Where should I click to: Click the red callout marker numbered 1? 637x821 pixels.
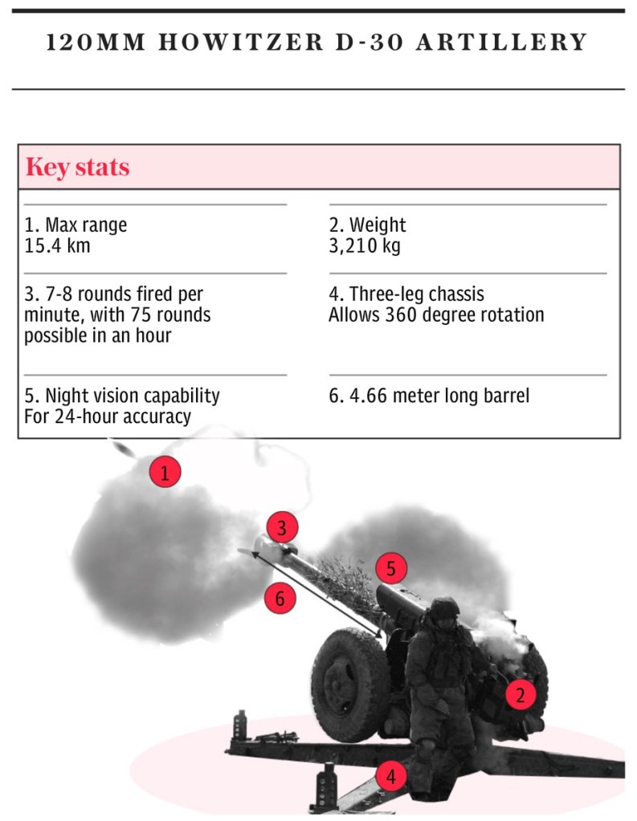point(165,472)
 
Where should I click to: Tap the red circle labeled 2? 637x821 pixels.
point(521,695)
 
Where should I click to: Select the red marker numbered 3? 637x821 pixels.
point(282,528)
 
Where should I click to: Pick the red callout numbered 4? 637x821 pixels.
point(390,776)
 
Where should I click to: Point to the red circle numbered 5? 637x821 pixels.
point(391,568)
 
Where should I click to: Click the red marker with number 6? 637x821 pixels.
point(280,598)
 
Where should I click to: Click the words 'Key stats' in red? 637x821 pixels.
point(78,167)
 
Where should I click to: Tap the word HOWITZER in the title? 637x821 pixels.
point(240,43)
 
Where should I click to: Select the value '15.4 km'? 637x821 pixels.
point(57,246)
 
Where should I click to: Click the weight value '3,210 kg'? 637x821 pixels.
point(365,246)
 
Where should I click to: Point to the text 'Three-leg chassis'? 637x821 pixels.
point(417,295)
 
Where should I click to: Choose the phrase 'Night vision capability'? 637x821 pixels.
point(133,396)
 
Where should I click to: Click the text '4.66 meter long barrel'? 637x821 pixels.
point(439,396)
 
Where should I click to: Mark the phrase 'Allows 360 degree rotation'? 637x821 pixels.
point(436,315)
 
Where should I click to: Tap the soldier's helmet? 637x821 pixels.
point(444,608)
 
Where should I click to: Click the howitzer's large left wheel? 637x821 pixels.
point(349,685)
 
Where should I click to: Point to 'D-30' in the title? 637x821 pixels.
point(369,43)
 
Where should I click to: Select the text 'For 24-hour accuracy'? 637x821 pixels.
point(108,417)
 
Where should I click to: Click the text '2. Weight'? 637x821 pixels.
point(367,226)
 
